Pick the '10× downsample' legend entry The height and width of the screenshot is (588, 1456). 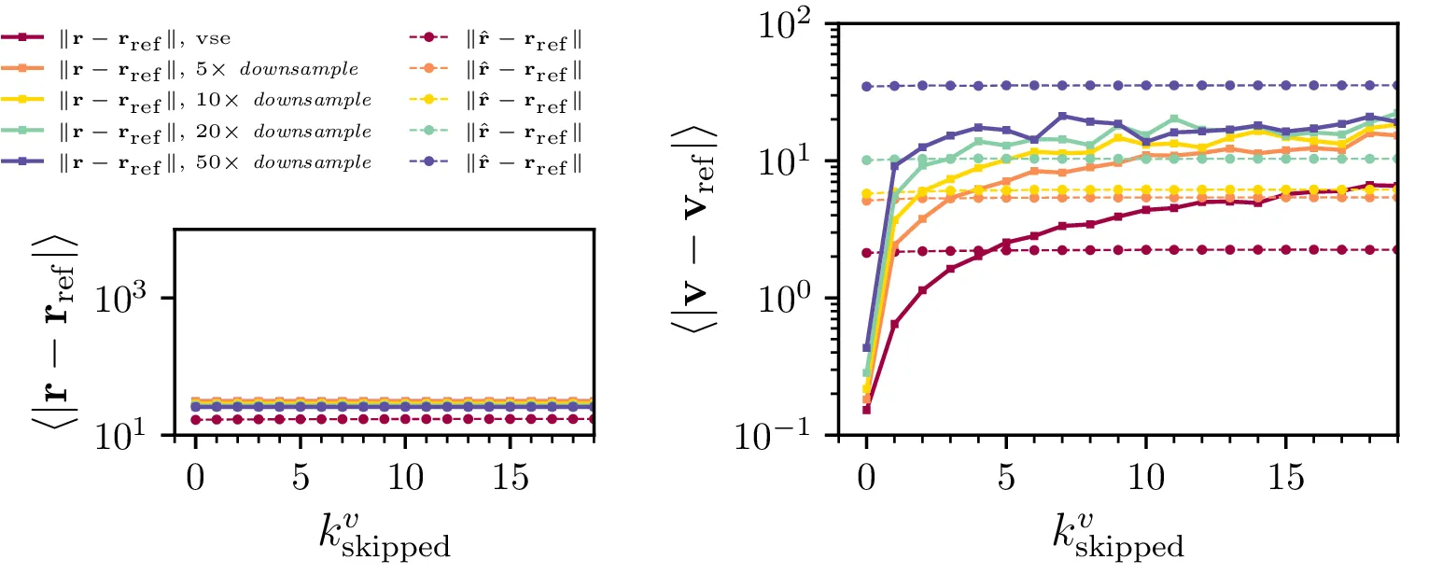coord(191,100)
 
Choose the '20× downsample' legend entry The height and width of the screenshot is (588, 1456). coord(191,131)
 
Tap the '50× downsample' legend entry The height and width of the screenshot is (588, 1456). coord(191,161)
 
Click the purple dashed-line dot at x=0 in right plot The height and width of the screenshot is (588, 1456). coord(867,87)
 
